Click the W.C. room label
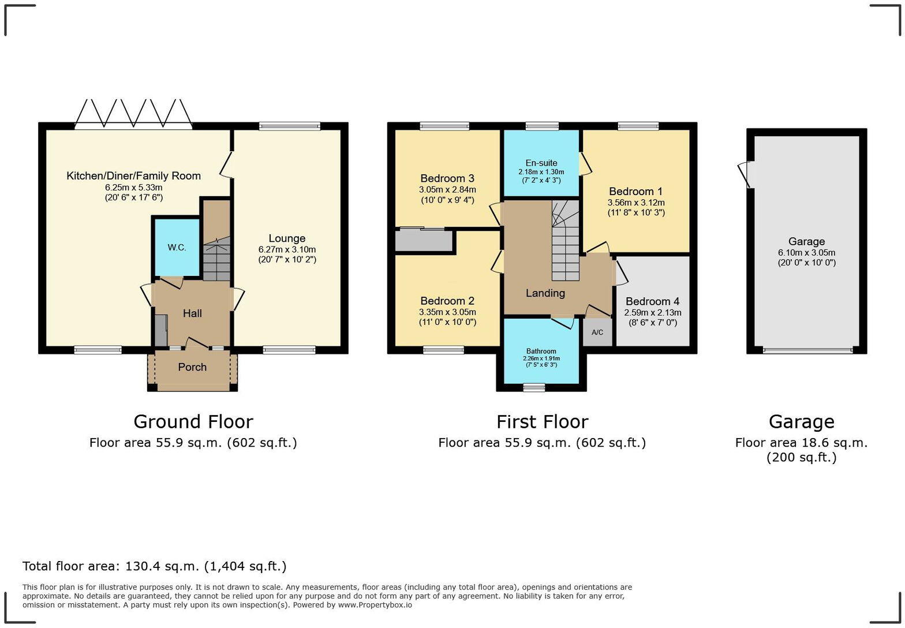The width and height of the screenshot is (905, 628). pos(177,247)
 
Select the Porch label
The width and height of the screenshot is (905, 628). pos(192,367)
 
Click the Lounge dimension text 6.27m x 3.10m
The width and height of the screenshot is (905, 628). pos(287,250)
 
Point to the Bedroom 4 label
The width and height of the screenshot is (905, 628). pos(652,301)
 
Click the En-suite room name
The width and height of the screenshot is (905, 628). pos(541,163)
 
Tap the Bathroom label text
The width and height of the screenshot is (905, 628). pos(541,351)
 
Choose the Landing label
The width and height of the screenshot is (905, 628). pos(545,293)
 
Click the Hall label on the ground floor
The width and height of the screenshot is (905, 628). pos(192,313)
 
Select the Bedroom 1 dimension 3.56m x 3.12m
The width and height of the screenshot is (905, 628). pos(636,203)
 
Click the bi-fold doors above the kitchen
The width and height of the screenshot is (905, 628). pos(133,114)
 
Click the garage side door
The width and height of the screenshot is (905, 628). pos(744,174)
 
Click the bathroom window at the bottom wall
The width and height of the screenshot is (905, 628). pos(534,387)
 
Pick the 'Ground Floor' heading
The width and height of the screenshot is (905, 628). pos(193,421)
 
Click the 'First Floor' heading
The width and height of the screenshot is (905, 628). pos(542,421)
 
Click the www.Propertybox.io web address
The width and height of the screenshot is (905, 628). pos(375,605)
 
